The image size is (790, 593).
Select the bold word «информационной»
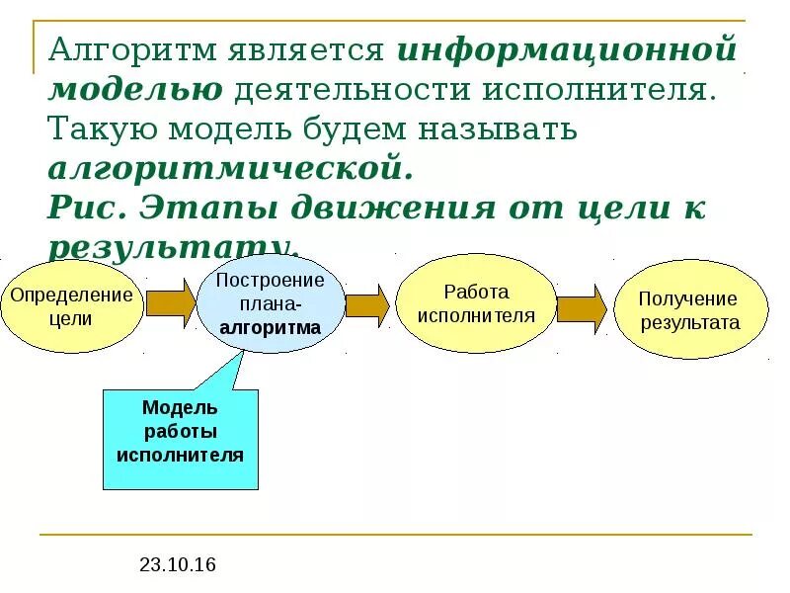pyautogui.click(x=568, y=50)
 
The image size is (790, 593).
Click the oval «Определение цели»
pyautogui.click(x=70, y=306)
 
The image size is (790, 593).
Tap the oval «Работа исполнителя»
pyautogui.click(x=476, y=303)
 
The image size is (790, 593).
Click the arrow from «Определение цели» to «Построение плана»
pyautogui.click(x=170, y=303)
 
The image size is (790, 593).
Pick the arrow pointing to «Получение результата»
pyautogui.click(x=581, y=308)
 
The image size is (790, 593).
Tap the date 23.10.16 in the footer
pyautogui.click(x=177, y=565)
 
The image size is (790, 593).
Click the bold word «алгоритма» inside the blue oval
pyautogui.click(x=270, y=327)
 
